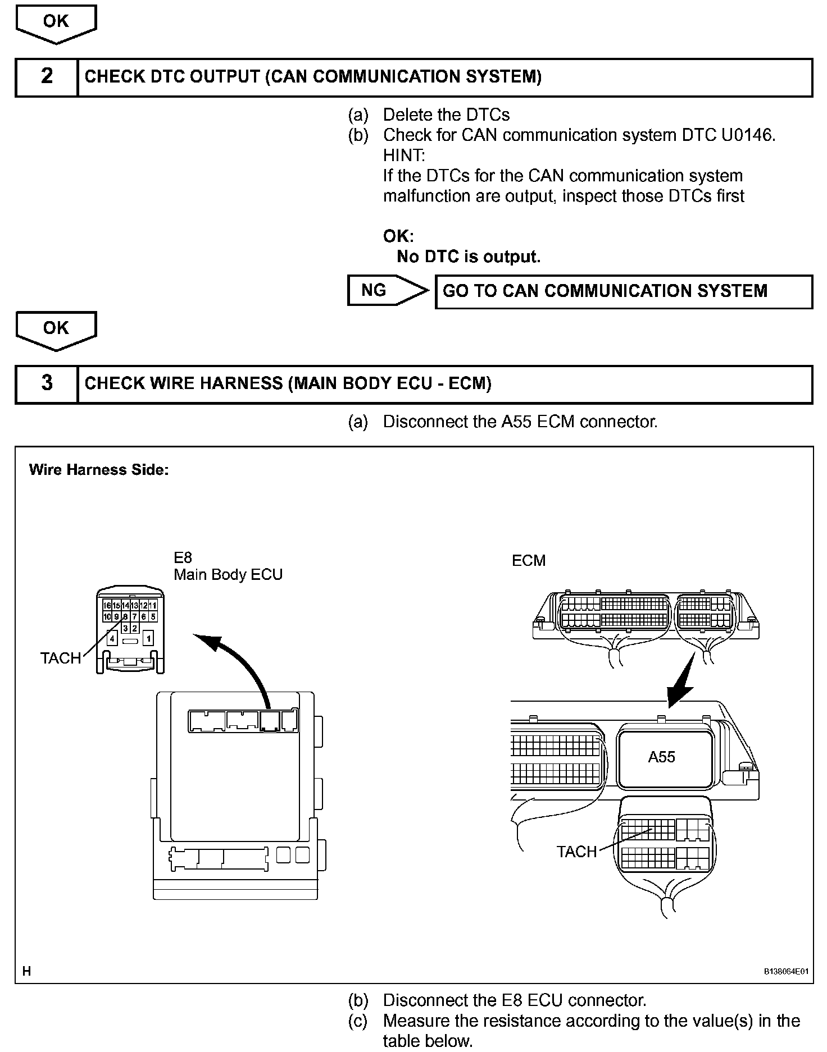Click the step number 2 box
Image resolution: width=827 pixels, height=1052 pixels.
click(47, 77)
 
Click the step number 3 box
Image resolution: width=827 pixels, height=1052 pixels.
click(47, 384)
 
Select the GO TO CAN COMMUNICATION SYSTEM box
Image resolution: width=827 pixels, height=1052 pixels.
click(624, 291)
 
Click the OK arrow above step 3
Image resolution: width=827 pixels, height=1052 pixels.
click(56, 330)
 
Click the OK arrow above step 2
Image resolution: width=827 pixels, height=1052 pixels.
click(56, 24)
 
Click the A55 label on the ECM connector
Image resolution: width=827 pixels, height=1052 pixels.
click(661, 757)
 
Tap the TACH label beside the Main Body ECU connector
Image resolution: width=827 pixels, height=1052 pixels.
click(60, 658)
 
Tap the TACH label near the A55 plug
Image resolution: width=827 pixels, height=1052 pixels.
click(576, 852)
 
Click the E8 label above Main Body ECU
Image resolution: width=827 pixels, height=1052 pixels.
click(183, 557)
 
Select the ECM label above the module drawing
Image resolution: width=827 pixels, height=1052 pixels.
click(528, 561)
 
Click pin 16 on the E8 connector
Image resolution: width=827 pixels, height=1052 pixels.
click(107, 606)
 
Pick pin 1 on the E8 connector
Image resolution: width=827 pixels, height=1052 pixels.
click(148, 639)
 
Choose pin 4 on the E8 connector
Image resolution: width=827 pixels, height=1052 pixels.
click(112, 639)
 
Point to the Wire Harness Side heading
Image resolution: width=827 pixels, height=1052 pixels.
click(98, 470)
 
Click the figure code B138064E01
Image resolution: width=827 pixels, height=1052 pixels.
click(785, 972)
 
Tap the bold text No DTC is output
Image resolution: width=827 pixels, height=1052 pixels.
click(468, 257)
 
